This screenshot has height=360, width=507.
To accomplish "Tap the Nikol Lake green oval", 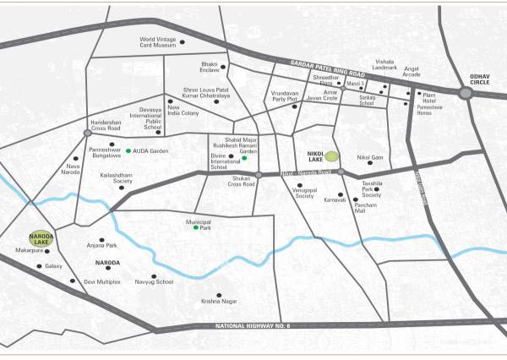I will pyautogui.click(x=333, y=155).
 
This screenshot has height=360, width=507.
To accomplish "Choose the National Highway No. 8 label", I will pyautogui.click(x=253, y=326).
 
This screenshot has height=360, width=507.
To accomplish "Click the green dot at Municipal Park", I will pyautogui.click(x=197, y=228).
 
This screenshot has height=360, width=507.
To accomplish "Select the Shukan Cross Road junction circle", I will pyautogui.click(x=259, y=174).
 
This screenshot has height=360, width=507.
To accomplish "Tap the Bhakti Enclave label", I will pyautogui.click(x=209, y=66).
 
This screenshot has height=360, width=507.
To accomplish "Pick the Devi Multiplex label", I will pyautogui.click(x=102, y=281).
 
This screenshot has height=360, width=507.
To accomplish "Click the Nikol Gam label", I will pyautogui.click(x=370, y=157).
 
